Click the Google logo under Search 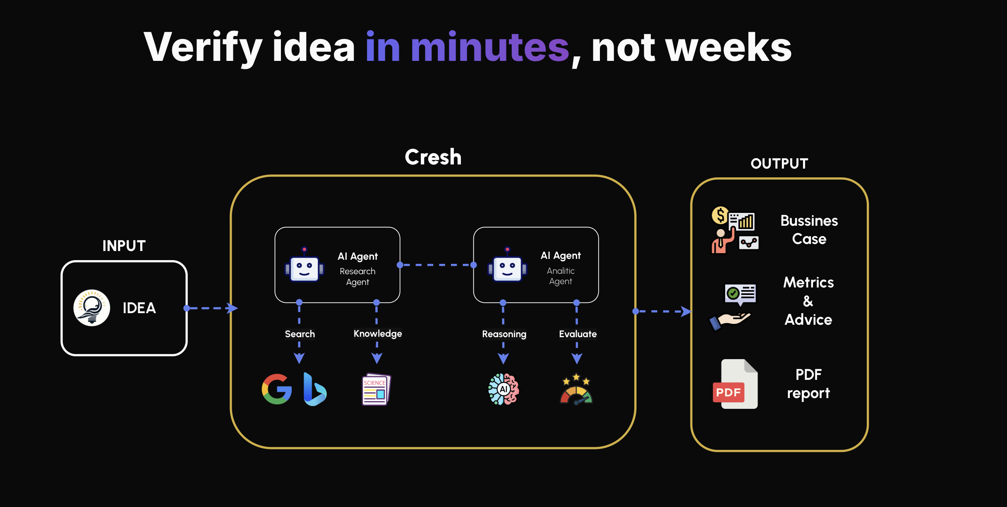pyautogui.click(x=277, y=389)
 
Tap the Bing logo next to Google pyautogui.click(x=314, y=389)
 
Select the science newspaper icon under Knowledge pyautogui.click(x=376, y=390)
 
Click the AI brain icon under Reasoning pyautogui.click(x=503, y=389)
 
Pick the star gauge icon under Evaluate pyautogui.click(x=576, y=390)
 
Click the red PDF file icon pyautogui.click(x=735, y=384)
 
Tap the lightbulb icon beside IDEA pyautogui.click(x=92, y=308)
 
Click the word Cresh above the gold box pyautogui.click(x=433, y=157)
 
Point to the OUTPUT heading pyautogui.click(x=779, y=164)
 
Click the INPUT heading pyautogui.click(x=124, y=246)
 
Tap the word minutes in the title pyautogui.click(x=490, y=48)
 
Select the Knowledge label pyautogui.click(x=377, y=333)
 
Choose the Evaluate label pyautogui.click(x=578, y=334)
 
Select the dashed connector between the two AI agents pyautogui.click(x=436, y=265)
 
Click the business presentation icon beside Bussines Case pyautogui.click(x=735, y=230)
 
